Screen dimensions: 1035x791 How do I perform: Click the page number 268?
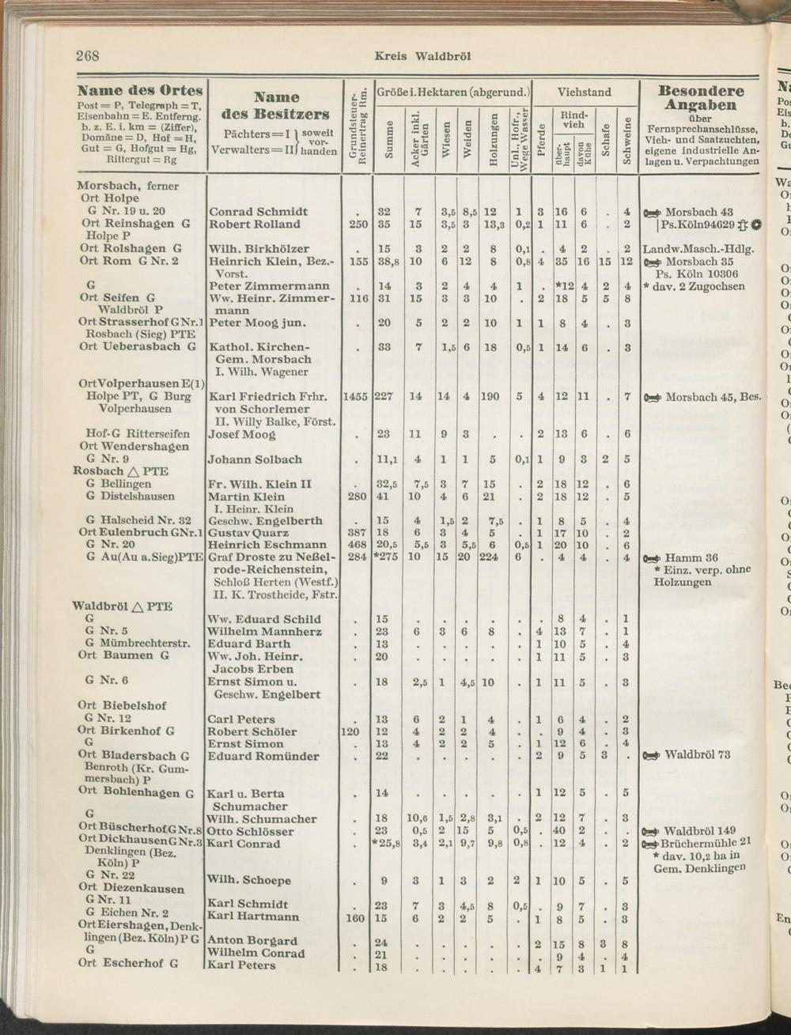[x=87, y=55]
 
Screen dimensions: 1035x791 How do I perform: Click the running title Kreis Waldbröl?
[x=422, y=56]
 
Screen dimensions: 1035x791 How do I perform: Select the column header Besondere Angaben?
[x=701, y=98]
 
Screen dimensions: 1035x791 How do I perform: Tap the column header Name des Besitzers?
[x=276, y=105]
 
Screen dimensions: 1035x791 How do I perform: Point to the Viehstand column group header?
[x=584, y=92]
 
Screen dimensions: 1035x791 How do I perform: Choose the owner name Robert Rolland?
[x=255, y=225]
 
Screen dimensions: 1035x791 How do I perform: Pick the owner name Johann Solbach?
[x=255, y=459]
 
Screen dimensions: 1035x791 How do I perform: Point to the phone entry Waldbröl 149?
[x=699, y=831]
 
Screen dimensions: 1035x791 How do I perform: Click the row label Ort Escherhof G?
[x=128, y=964]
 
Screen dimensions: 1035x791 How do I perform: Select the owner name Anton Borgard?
[x=252, y=941]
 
